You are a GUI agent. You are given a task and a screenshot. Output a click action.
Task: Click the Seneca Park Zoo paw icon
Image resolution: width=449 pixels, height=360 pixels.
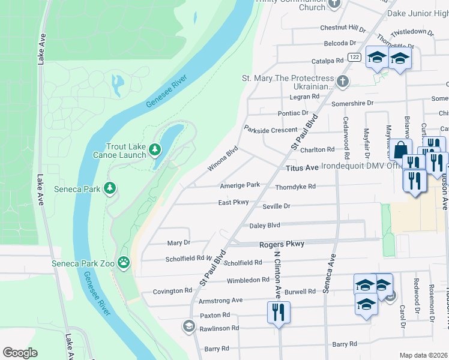[124, 261]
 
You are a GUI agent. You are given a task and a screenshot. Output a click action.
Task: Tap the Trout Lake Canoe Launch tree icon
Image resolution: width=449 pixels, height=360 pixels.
[155, 148]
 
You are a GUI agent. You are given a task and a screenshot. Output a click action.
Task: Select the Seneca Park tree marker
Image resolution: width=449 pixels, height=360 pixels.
[109, 189]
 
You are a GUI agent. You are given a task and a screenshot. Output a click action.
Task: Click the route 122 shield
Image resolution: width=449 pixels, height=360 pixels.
[354, 57]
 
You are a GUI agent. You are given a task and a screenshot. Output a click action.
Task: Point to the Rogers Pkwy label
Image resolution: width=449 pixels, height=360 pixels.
[282, 244]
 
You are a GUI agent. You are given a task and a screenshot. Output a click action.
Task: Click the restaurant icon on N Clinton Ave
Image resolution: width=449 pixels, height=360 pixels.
[279, 311]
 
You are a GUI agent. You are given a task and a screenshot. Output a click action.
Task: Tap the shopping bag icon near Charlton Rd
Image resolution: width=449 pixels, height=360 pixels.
[401, 148]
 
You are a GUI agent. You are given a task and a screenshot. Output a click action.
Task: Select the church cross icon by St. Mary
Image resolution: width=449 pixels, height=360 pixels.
[342, 81]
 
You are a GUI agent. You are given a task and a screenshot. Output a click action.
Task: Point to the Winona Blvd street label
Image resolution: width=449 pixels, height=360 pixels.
[223, 158]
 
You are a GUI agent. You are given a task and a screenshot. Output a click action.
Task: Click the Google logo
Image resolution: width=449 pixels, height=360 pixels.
[20, 353]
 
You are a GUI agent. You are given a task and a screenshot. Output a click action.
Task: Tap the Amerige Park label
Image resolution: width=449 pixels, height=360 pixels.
[240, 185]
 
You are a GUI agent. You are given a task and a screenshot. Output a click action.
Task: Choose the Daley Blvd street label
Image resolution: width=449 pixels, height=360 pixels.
[265, 226]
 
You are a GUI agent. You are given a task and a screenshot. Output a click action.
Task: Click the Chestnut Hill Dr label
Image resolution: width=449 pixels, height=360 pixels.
[343, 28]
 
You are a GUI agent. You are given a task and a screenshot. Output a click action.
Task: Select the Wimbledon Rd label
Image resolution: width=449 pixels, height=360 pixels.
[248, 280]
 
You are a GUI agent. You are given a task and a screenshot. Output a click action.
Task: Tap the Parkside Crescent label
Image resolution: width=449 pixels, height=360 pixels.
[270, 130]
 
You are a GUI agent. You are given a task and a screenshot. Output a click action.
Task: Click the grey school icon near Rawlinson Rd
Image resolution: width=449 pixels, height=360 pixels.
[188, 326]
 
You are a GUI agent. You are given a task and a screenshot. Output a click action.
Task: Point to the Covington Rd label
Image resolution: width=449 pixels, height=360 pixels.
[172, 291]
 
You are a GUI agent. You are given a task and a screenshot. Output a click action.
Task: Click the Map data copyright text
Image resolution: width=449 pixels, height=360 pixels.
[423, 355]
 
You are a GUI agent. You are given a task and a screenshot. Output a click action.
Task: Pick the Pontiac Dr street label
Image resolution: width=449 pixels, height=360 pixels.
[292, 113]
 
